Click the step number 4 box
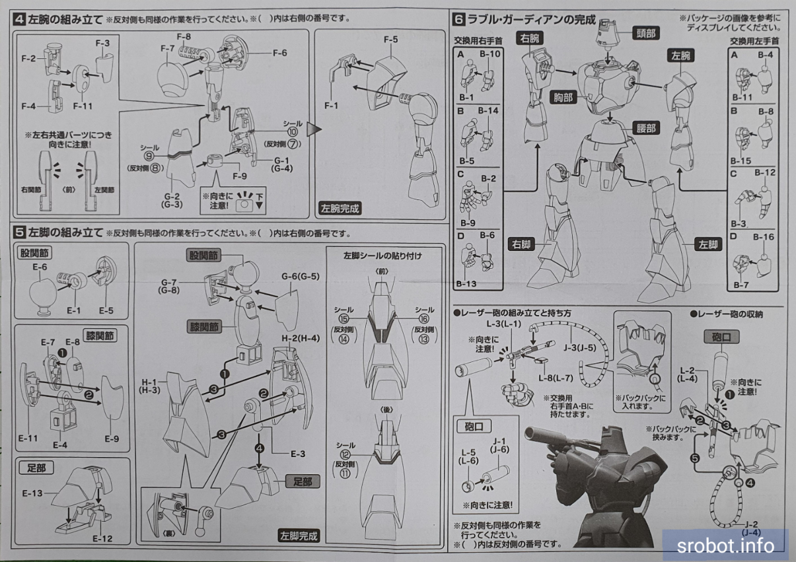(20, 18)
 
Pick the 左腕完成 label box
(341, 208)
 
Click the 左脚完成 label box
(299, 536)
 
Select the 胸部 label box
(563, 97)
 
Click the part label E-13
(32, 493)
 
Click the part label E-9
(111, 439)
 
